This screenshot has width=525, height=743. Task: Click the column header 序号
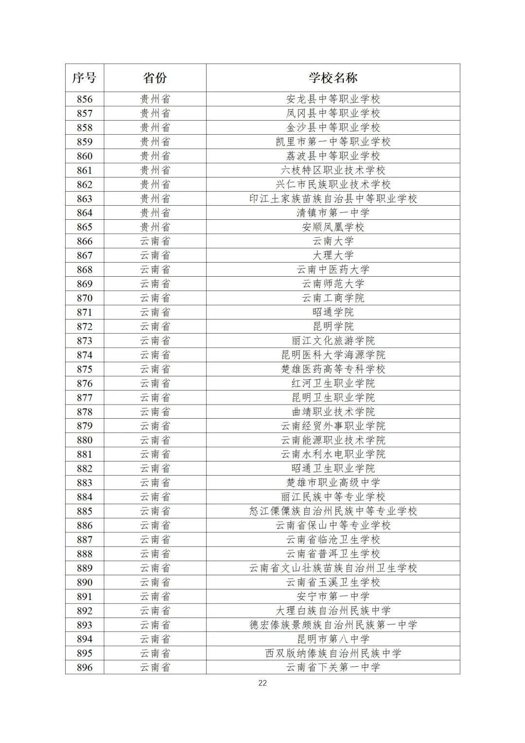(85, 78)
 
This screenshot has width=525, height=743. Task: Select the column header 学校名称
(333, 78)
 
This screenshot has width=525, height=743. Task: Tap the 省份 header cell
(155, 78)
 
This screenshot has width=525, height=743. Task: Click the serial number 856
(85, 99)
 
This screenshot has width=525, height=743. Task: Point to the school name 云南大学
(333, 241)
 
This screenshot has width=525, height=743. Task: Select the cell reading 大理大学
(333, 255)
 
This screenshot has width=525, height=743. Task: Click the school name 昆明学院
(333, 326)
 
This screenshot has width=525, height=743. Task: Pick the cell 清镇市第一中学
(333, 213)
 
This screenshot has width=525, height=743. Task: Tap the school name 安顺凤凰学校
(333, 227)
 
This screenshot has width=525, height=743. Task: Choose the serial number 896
(85, 667)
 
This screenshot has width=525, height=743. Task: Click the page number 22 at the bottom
(262, 683)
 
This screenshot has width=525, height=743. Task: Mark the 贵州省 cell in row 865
(155, 227)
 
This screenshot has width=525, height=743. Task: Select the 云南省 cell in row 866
(155, 241)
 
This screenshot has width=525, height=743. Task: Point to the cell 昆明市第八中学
(333, 639)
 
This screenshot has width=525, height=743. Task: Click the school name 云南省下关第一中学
(333, 667)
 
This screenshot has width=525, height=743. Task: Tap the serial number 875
(85, 369)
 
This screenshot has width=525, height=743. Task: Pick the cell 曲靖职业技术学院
(333, 412)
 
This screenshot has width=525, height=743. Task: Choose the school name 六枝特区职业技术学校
(333, 170)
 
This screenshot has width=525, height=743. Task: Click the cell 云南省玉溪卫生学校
(333, 582)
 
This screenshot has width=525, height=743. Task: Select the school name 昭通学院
(333, 312)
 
